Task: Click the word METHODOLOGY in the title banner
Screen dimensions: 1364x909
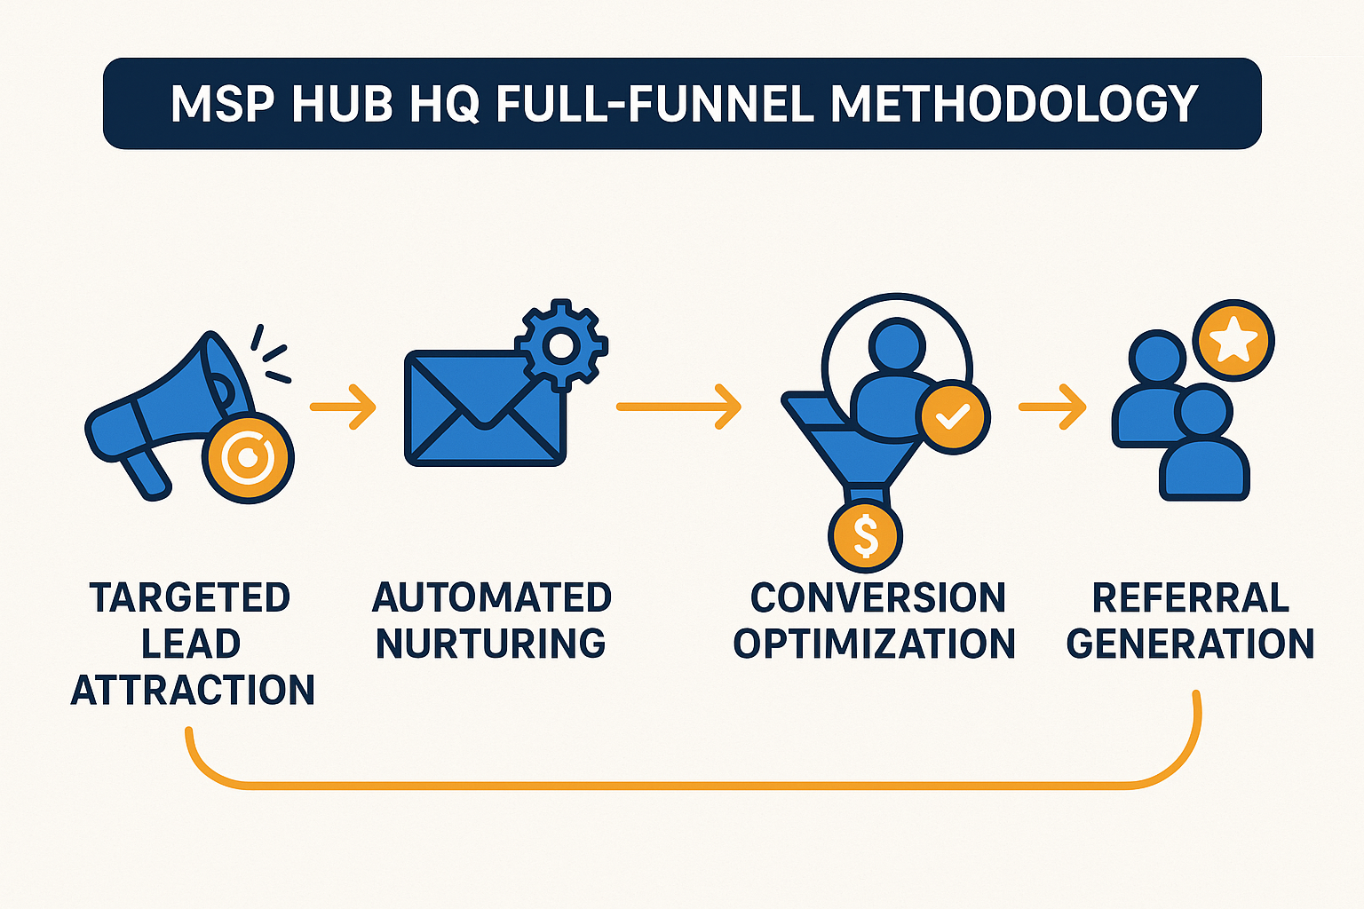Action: (1014, 104)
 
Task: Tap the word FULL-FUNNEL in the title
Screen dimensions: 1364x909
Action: (654, 104)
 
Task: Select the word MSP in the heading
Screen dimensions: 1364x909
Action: (223, 104)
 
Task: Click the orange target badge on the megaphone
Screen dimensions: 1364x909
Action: (248, 457)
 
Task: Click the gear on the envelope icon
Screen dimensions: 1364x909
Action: (561, 344)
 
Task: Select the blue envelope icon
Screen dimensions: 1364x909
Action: (486, 408)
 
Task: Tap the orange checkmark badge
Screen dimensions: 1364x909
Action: (953, 417)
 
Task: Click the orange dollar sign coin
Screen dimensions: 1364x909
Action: (865, 536)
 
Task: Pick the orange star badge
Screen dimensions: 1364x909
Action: (1233, 340)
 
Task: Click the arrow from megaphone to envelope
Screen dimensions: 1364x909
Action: (343, 407)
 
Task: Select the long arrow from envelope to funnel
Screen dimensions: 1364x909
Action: (678, 407)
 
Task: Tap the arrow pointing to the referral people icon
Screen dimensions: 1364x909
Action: (1052, 407)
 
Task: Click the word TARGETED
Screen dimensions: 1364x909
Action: (190, 597)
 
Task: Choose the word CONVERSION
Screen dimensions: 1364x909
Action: (877, 597)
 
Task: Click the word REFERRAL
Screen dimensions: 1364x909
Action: (1191, 597)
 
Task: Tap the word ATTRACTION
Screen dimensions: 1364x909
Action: (193, 690)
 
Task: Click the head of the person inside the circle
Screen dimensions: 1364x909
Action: (897, 346)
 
